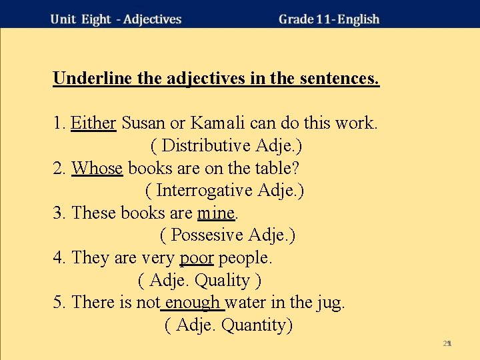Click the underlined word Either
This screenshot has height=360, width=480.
click(x=93, y=123)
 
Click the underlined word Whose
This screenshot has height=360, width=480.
click(x=97, y=168)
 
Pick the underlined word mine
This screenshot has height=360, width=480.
click(x=216, y=213)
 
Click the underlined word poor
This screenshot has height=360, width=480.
click(x=197, y=257)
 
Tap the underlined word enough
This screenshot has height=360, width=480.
click(x=193, y=303)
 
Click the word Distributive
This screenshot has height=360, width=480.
click(x=215, y=145)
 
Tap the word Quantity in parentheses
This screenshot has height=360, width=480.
click(x=257, y=325)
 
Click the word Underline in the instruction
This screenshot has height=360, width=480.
click(x=93, y=79)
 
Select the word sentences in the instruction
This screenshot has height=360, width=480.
click(x=339, y=79)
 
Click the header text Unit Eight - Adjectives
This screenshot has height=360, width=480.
click(x=116, y=19)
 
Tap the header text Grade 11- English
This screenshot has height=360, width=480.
click(x=329, y=19)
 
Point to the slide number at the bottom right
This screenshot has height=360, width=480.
click(x=447, y=343)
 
